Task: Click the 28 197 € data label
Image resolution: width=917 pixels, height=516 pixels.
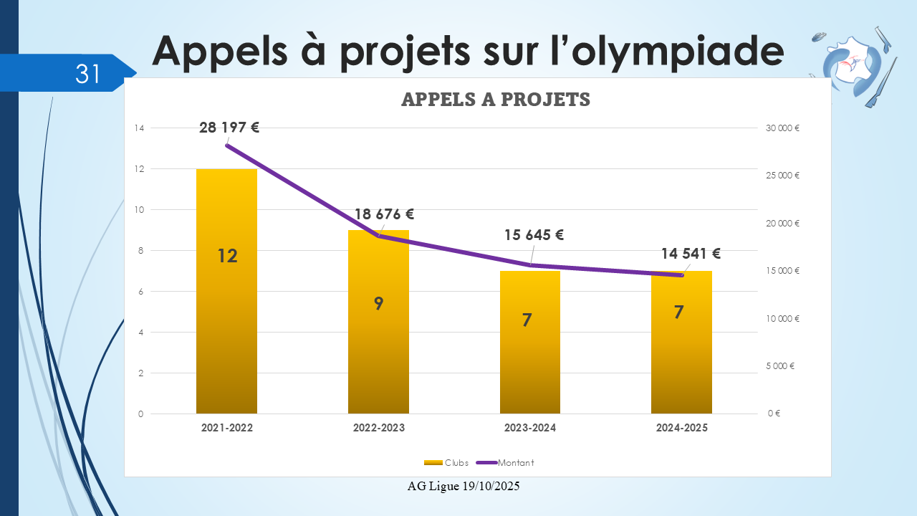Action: pyautogui.click(x=229, y=128)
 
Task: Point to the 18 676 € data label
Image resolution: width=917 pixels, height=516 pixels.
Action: pyautogui.click(x=385, y=214)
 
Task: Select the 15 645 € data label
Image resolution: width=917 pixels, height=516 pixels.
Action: pyautogui.click(x=534, y=234)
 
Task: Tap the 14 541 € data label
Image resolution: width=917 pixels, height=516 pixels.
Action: pyautogui.click(x=691, y=253)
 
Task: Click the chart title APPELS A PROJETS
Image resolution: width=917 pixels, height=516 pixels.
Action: pyautogui.click(x=496, y=100)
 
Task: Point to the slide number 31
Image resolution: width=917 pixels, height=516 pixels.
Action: pyautogui.click(x=87, y=73)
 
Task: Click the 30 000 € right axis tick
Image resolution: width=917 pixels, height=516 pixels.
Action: pyautogui.click(x=782, y=128)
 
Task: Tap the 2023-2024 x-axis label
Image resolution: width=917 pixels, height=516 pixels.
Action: pyautogui.click(x=530, y=428)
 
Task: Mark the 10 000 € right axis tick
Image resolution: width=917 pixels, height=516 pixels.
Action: pyautogui.click(x=782, y=318)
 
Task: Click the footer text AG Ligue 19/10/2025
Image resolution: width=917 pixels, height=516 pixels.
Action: pyautogui.click(x=464, y=486)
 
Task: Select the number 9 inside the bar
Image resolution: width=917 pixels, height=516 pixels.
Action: pyautogui.click(x=378, y=303)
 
